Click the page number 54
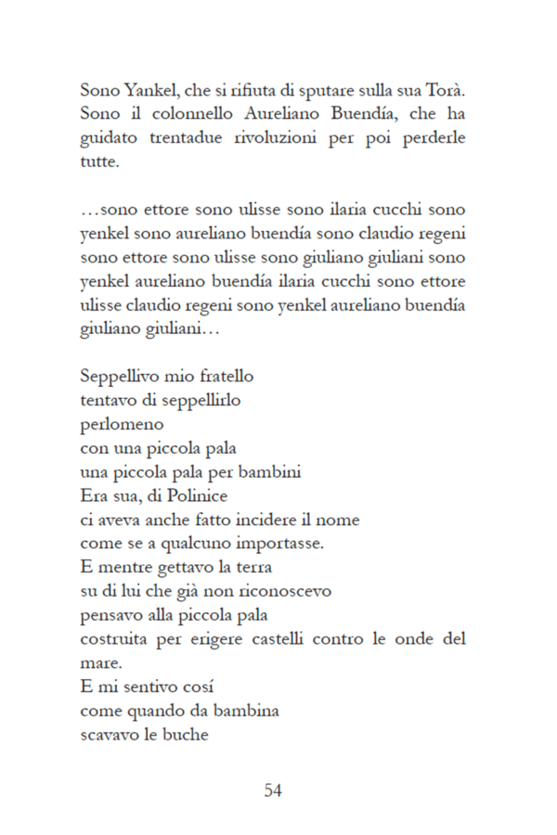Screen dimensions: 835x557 coord(273,790)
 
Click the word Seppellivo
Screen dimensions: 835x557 coord(115,379)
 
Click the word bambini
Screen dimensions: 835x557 coord(271,473)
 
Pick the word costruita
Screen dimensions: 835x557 coord(116,639)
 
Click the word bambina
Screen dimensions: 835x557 coord(249,711)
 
